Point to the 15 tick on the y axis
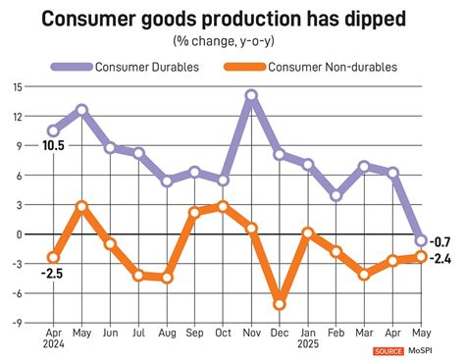[x=17, y=88]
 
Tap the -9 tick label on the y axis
[x=17, y=321]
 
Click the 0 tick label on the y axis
[x=19, y=233]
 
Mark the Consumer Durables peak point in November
[x=251, y=96]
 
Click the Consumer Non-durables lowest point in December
[x=280, y=304]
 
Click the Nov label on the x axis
[x=251, y=334]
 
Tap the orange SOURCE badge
[x=390, y=350]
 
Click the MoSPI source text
[x=430, y=350]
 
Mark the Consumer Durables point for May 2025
[x=421, y=240]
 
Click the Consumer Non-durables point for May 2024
[x=81, y=207]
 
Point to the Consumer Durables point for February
[x=336, y=195]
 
